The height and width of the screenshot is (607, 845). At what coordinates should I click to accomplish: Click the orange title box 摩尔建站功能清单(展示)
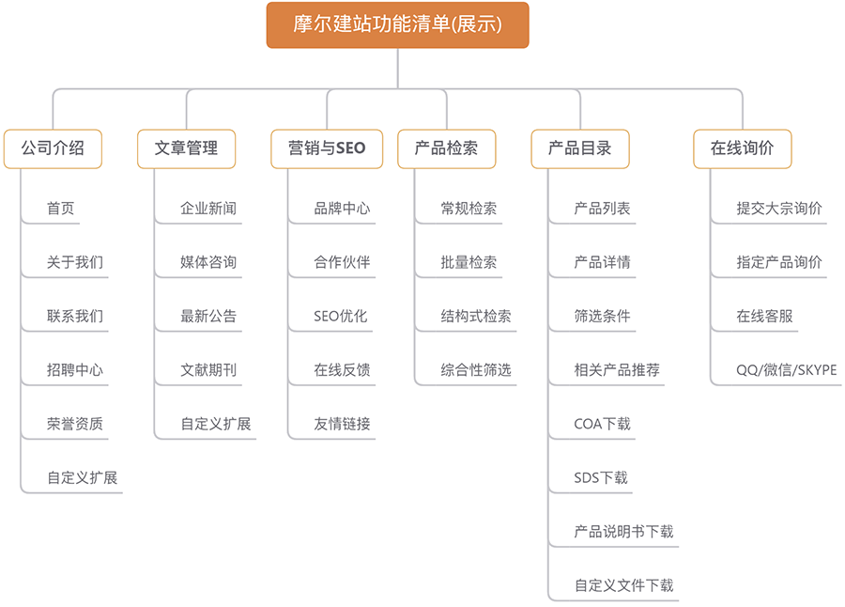(398, 24)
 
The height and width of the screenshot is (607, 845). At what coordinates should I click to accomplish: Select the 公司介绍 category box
(53, 148)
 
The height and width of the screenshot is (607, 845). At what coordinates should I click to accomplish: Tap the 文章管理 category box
(187, 148)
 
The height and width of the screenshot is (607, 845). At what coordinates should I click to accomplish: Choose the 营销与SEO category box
(327, 148)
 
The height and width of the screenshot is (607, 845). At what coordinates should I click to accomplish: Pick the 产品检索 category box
(447, 148)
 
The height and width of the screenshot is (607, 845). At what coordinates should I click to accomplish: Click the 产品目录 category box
(580, 148)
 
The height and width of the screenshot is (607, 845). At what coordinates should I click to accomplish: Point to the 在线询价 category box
(743, 148)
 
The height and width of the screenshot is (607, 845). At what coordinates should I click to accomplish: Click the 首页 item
(60, 209)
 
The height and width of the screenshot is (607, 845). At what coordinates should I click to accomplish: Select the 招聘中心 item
(75, 370)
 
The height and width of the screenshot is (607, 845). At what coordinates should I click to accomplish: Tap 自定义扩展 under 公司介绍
(82, 478)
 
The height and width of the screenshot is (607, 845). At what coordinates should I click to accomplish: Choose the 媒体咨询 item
(208, 262)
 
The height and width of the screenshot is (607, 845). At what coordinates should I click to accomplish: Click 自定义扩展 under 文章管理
(216, 424)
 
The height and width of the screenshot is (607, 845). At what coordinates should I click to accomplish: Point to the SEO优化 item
(341, 316)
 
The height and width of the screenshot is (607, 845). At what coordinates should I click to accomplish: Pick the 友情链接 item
(342, 424)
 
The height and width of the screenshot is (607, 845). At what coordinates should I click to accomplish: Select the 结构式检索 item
(476, 316)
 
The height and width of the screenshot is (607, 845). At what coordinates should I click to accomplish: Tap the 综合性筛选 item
(476, 370)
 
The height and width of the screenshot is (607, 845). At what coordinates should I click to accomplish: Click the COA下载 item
(603, 424)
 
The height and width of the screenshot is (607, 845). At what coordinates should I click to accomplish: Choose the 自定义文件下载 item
(624, 585)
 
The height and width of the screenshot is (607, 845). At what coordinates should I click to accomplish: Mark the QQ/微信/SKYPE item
(787, 370)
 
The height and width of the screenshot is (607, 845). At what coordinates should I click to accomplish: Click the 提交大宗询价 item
(779, 209)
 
